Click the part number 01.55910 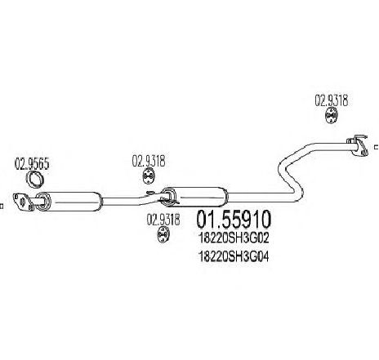click(234, 220)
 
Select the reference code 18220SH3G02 click(234, 238)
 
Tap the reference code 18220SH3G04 click(234, 256)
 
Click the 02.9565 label click(32, 164)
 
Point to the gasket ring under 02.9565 click(34, 180)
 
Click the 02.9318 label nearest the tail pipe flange click(332, 100)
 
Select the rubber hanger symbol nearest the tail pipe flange click(331, 116)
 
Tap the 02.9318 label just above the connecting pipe click(149, 161)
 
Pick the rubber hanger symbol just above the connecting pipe click(149, 176)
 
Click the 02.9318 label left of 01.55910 click(163, 220)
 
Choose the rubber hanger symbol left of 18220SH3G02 click(163, 234)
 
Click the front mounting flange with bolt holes click(23, 202)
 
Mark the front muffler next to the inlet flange click(69, 202)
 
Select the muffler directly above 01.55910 click(194, 197)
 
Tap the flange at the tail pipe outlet click(358, 145)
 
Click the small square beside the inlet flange click(1, 206)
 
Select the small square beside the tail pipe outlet click(377, 147)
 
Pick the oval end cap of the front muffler click(43, 202)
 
